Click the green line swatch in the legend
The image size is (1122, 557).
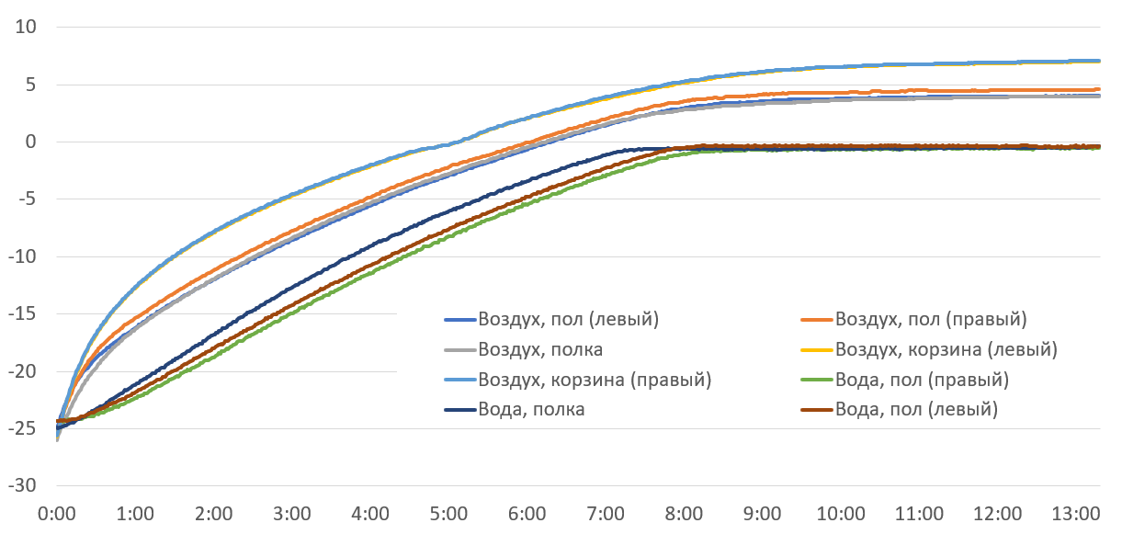(x=817, y=380)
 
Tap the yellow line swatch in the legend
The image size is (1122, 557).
(x=817, y=350)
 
